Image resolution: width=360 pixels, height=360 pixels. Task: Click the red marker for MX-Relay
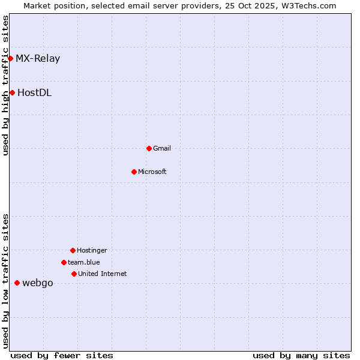pos(11,58)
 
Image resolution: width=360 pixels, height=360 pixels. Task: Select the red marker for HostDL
pos(12,92)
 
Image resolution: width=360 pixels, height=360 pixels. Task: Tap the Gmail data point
pos(149,148)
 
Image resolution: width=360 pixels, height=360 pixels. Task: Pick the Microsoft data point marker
pos(134,172)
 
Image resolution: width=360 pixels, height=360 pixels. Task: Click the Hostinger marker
pos(73,250)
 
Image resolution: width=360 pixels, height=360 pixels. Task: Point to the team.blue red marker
pos(64,262)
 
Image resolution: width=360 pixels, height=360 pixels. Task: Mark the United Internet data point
pos(74,274)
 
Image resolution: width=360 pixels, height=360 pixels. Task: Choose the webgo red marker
pos(17,283)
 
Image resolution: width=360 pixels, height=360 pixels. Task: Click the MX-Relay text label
pos(38,58)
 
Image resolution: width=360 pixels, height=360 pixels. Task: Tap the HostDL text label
pos(34,92)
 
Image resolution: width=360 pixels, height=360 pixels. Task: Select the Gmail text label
pos(162,148)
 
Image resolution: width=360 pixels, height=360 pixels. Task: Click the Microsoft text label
pos(152,172)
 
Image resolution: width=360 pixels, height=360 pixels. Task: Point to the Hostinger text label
pos(92,250)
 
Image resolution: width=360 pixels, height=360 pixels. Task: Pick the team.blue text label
pos(84,262)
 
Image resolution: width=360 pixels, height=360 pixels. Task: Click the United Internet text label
pos(103,274)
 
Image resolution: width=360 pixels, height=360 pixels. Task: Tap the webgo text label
pos(38,283)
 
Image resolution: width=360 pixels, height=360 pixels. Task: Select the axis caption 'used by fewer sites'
pos(62,355)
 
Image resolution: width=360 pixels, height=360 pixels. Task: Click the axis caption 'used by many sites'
pos(301,355)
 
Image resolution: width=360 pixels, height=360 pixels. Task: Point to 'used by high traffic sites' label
pos(5,86)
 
